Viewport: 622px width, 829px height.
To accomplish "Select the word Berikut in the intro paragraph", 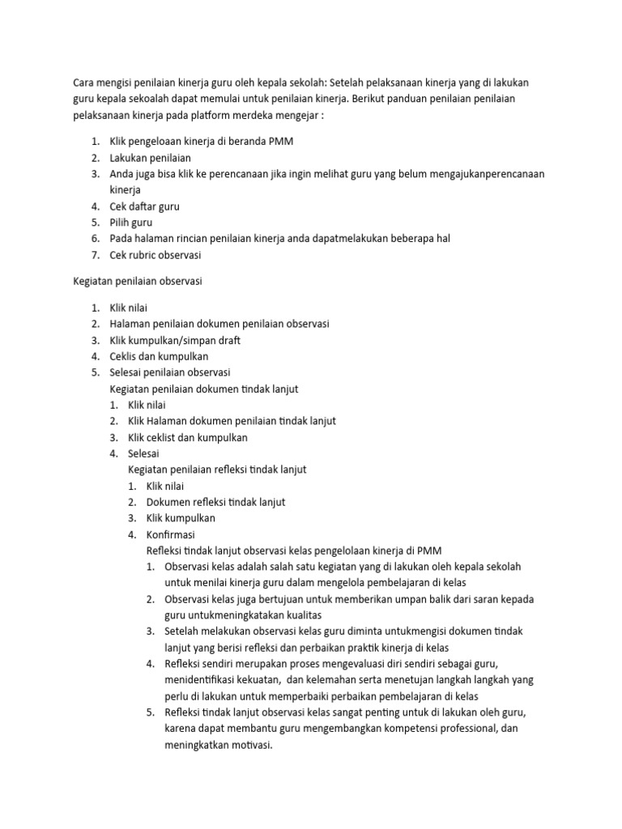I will (372, 99).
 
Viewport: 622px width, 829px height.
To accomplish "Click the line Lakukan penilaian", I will (151, 158).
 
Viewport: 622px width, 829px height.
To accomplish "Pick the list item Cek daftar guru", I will (145, 206).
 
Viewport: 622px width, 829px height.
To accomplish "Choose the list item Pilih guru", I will (131, 223).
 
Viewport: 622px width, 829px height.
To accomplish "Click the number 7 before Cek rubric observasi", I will (94, 255).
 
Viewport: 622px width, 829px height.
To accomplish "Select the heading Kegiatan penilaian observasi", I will (138, 282).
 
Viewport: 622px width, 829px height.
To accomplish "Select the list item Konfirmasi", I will (170, 534).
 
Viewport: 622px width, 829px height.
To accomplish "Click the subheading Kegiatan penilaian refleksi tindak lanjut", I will (217, 470).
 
